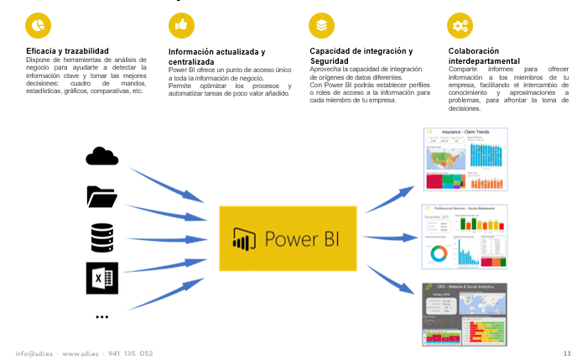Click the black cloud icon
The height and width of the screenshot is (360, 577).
click(x=101, y=156)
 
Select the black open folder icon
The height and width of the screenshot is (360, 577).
click(x=101, y=196)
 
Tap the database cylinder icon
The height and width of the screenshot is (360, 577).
click(x=101, y=237)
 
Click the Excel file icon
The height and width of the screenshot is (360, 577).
click(x=102, y=278)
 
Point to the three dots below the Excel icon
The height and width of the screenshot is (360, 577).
click(x=102, y=317)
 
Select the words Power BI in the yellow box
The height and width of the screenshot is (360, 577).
click(x=303, y=238)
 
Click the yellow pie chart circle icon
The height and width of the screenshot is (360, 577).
click(x=37, y=26)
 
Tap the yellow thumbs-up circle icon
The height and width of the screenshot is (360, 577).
click(x=180, y=26)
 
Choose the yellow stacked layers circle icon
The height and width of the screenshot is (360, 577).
click(x=320, y=26)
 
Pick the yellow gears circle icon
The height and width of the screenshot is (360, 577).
click(x=460, y=26)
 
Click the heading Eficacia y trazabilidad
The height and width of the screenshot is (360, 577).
click(x=67, y=51)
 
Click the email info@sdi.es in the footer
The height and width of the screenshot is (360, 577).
click(x=34, y=352)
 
